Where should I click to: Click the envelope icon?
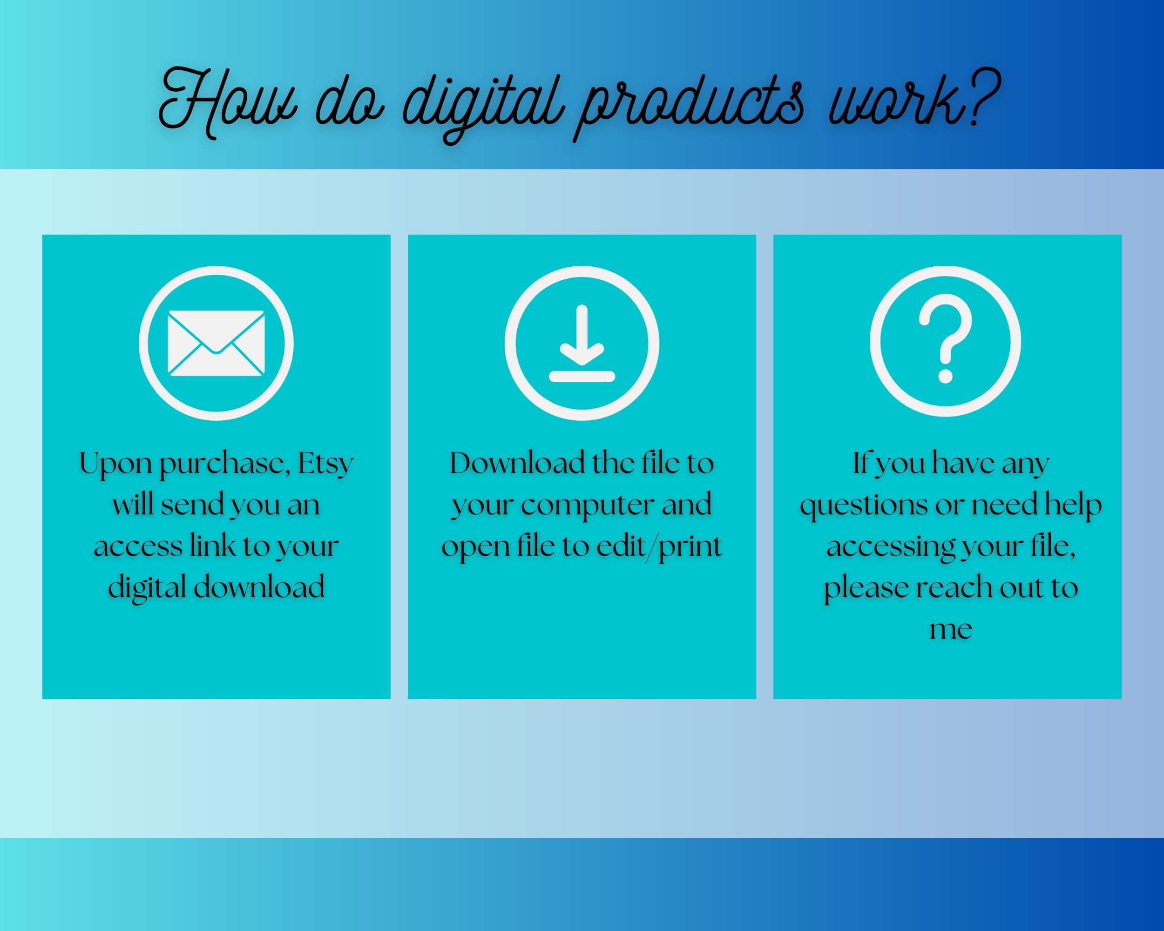click(216, 343)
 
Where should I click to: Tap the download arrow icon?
click(582, 343)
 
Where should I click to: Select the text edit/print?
click(659, 546)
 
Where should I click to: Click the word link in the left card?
click(213, 546)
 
